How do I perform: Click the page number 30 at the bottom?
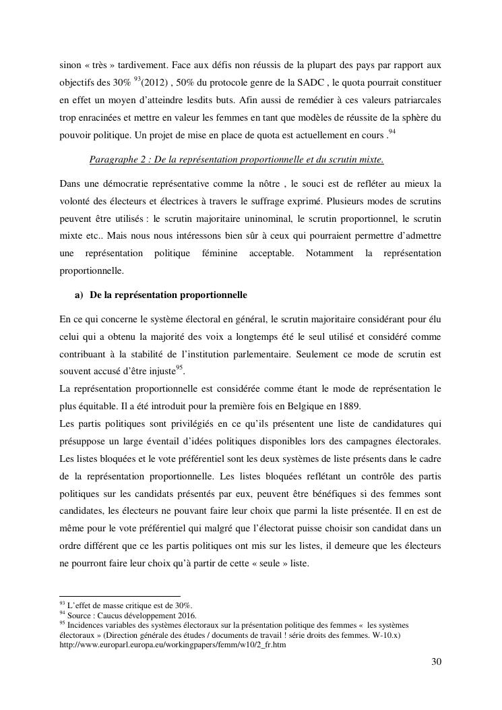click(x=436, y=661)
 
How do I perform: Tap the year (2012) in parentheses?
click(x=156, y=83)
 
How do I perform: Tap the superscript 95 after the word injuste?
click(x=179, y=367)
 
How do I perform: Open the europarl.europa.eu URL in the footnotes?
click(x=172, y=645)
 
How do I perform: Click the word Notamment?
click(x=329, y=254)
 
